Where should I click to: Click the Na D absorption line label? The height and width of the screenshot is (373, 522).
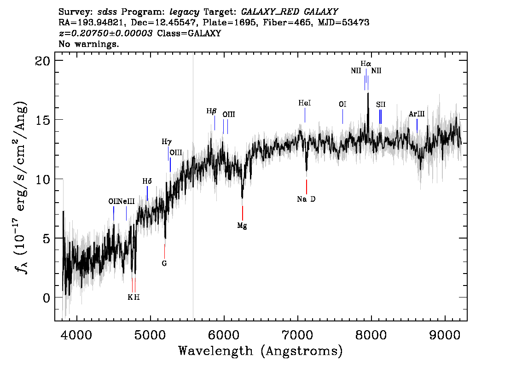tap(306, 199)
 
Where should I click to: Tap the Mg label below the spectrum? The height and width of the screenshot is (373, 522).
tap(242, 226)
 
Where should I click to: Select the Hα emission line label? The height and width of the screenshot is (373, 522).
tap(366, 63)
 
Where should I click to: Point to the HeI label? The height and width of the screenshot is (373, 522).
tap(305, 103)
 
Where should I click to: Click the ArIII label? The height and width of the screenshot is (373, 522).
tap(417, 114)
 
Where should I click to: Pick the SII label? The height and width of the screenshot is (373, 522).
tap(381, 105)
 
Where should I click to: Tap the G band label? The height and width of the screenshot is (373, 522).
tap(164, 263)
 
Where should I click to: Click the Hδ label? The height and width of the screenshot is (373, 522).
tap(147, 181)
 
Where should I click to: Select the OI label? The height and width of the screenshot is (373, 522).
tap(342, 105)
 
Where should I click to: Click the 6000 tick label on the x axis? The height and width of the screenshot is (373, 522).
tap(224, 335)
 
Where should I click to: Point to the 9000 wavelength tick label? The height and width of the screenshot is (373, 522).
tap(444, 335)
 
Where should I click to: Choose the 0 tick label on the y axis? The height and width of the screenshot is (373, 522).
tap(46, 298)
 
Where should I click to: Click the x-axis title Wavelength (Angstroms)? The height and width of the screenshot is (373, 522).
tap(261, 351)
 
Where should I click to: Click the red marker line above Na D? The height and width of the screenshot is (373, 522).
tap(306, 186)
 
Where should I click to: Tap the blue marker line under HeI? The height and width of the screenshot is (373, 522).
tap(305, 115)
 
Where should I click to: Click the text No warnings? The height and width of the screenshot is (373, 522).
tap(88, 44)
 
